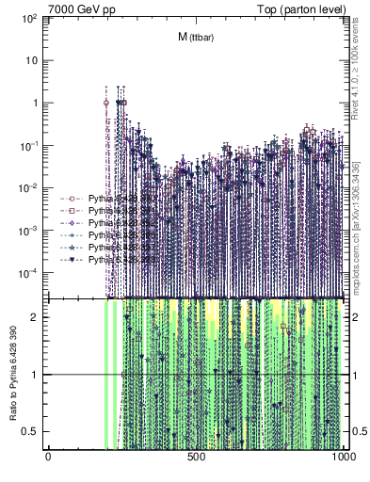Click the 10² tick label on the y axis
30,18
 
